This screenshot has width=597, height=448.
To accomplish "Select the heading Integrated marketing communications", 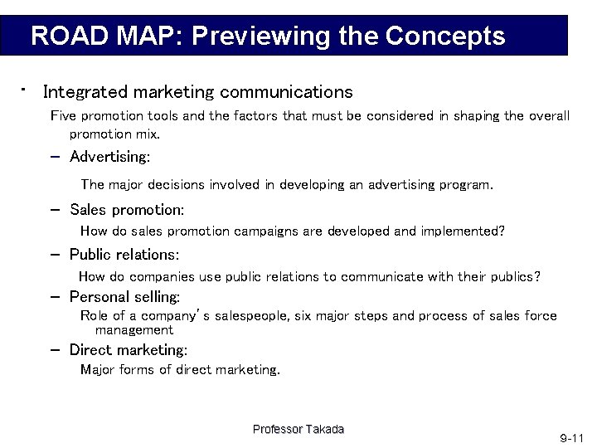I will (x=197, y=91).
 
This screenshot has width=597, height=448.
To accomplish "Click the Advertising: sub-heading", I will (x=109, y=157).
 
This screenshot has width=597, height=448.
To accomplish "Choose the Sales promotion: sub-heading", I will (x=127, y=210).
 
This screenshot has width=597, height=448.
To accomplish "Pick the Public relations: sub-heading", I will (x=124, y=255).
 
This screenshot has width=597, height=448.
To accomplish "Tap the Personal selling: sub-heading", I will (x=125, y=296).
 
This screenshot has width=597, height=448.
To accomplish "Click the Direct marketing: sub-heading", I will (x=129, y=350).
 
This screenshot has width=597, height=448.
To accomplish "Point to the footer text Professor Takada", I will (x=298, y=429).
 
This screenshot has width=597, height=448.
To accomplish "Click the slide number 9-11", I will (x=571, y=436).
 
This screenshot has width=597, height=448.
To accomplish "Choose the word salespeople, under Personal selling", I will (x=250, y=316).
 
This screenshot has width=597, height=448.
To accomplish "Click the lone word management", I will (x=133, y=330).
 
